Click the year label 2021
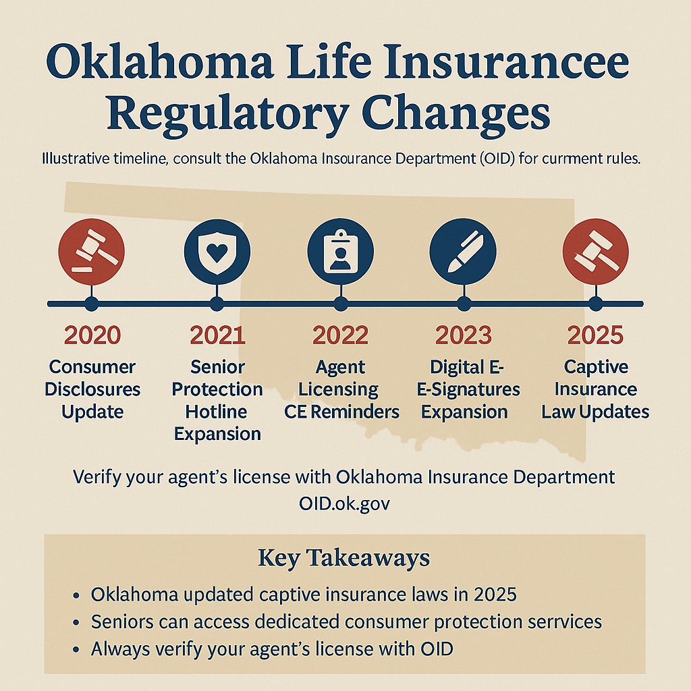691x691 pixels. (x=217, y=335)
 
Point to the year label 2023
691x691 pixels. (x=463, y=335)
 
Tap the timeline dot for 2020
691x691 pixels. (x=92, y=304)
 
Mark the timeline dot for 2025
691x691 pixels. (x=595, y=304)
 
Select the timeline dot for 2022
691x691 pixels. (x=340, y=304)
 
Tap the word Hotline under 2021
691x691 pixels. (x=217, y=412)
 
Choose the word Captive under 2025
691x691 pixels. (x=596, y=367)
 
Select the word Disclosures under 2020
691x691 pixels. (x=92, y=389)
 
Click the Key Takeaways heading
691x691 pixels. (x=344, y=558)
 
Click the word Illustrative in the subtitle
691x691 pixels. (x=75, y=161)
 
